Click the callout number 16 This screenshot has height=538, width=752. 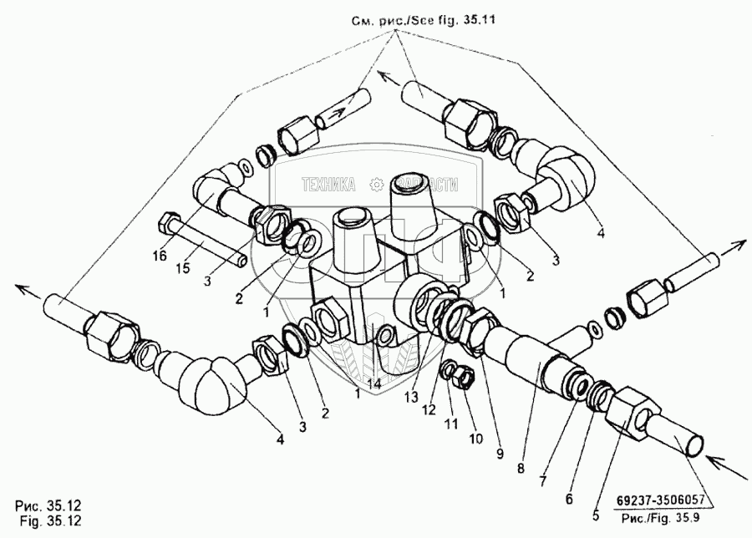pos(160,256)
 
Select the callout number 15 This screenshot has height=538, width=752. pos(183,268)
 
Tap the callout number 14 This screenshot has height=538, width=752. pos(373,383)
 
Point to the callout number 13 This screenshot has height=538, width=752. pos(411,397)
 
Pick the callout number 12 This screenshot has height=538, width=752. pos(429,409)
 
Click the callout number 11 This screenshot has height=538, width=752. pos(451,424)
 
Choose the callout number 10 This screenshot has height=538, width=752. pos(475,439)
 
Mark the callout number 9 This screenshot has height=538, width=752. pos(500,454)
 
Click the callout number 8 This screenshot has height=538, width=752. pos(521,468)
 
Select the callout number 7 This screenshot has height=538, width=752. pos(543,480)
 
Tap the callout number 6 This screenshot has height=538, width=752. pos(569,500)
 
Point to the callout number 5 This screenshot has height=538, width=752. pos(596,515)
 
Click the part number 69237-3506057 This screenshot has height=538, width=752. pos(660,500)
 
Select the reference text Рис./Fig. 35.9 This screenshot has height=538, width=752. pos(660,518)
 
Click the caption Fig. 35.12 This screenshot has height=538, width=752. pos(51,520)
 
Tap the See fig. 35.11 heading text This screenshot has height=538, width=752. pos(444,20)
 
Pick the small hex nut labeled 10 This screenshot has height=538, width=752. pos(464,374)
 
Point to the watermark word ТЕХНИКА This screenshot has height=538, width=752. pos(328,185)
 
